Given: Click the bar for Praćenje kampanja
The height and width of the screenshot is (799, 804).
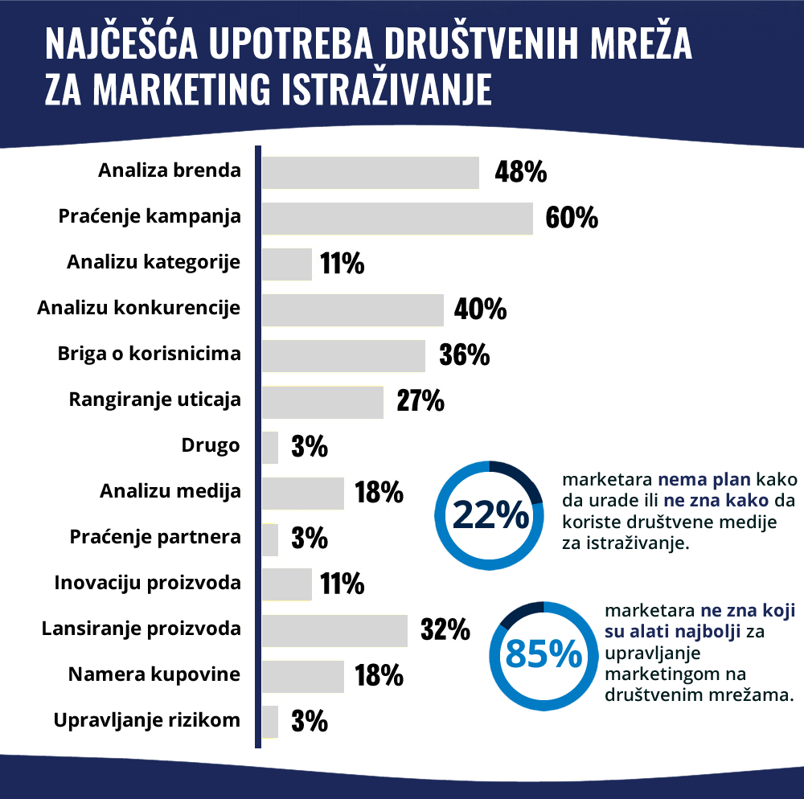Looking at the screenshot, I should [397, 218].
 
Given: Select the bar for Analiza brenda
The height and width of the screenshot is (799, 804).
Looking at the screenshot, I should [371, 173].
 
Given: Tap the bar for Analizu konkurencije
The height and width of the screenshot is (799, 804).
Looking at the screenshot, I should [353, 309].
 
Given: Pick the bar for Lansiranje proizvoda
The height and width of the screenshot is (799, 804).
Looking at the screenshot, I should [334, 630].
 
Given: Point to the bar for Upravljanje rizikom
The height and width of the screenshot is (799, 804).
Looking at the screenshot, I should [270, 721].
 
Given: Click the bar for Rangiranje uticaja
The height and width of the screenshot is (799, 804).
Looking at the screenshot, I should [322, 402].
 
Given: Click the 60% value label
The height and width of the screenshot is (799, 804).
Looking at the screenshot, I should [572, 218].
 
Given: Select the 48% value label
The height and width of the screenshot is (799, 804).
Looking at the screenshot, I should [520, 173].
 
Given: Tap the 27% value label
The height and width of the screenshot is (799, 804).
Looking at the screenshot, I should [420, 402].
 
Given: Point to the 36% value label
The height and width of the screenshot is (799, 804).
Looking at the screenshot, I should [465, 355].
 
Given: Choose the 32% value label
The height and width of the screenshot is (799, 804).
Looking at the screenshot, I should [445, 630].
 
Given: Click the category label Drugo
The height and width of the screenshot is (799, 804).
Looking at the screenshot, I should [211, 445].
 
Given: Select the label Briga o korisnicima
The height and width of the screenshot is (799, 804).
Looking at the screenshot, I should [150, 354].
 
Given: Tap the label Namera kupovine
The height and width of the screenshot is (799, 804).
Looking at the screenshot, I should [154, 674].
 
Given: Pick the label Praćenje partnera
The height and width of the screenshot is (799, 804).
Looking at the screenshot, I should [155, 536].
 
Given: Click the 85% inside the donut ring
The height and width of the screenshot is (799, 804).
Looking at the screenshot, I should [543, 655].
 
